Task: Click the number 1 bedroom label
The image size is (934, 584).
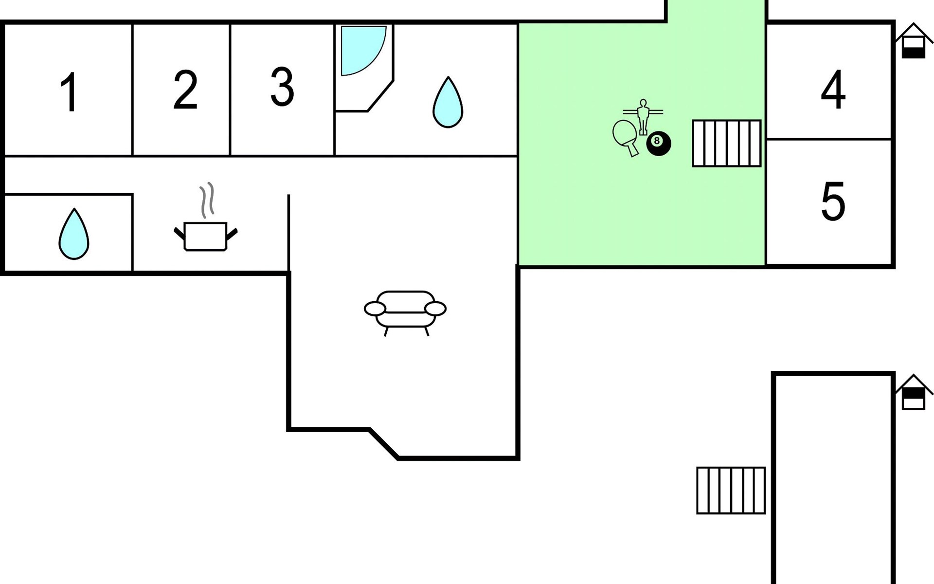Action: point(69,92)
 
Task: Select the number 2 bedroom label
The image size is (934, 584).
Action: point(185,89)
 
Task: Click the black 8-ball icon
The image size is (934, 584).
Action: point(659,144)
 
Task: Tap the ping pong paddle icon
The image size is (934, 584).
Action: point(626,138)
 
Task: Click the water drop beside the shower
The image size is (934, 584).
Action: point(448,102)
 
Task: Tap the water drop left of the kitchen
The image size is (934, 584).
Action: point(74,234)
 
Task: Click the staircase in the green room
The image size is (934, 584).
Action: point(727,144)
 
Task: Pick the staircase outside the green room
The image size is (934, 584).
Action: point(731,491)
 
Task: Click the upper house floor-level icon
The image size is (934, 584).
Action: point(914,41)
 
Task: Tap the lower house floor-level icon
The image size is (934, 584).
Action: point(914,392)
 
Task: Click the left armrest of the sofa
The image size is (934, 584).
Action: point(375,309)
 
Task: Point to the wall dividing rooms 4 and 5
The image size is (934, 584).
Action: point(829,139)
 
